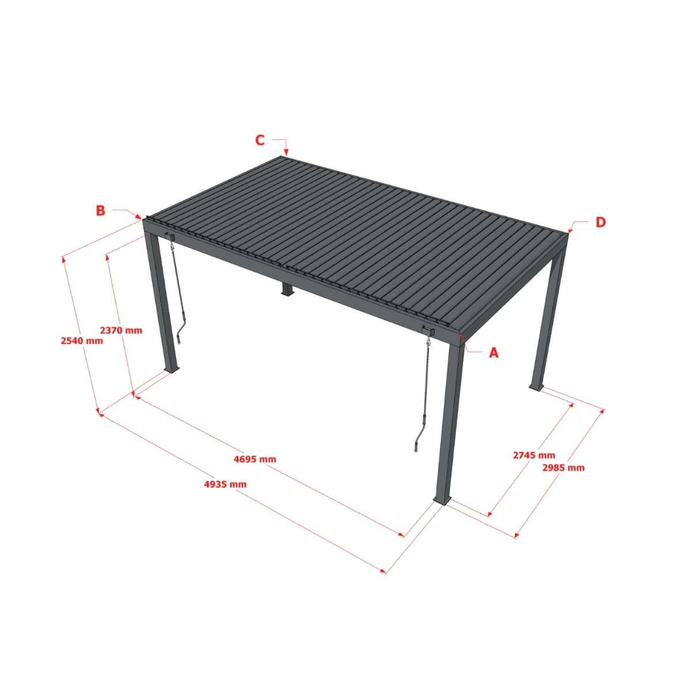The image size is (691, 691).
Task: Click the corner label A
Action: [x=493, y=352]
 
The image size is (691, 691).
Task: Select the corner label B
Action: [x=101, y=211]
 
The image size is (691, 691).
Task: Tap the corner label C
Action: [x=260, y=140]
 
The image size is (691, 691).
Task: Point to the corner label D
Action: [x=601, y=222]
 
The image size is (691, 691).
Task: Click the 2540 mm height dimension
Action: [x=82, y=341]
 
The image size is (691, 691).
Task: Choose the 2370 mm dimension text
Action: [x=121, y=331]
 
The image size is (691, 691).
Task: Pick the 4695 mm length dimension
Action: [x=255, y=459]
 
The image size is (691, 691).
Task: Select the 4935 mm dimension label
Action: [x=225, y=484]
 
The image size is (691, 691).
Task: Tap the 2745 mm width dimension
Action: [x=534, y=455]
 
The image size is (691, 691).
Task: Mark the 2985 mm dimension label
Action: [x=563, y=468]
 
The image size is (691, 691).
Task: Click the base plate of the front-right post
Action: [x=442, y=503]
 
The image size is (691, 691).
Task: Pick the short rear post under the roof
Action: [x=286, y=289]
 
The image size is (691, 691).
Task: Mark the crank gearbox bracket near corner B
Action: [x=170, y=236]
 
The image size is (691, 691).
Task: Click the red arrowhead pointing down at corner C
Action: [x=286, y=151]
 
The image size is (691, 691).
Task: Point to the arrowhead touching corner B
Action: [x=139, y=217]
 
